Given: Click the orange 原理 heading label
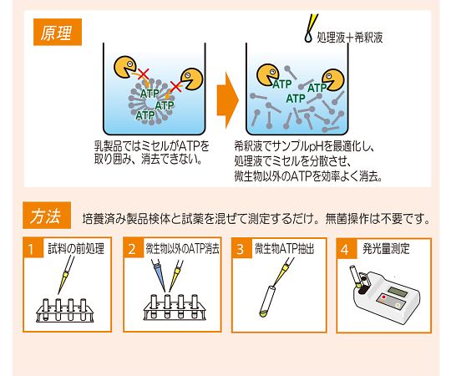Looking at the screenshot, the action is click(58, 32).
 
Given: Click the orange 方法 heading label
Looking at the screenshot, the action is click(47, 216).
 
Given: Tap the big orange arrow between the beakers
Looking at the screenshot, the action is click(227, 100).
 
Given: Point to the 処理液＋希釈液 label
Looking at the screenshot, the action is click(350, 38).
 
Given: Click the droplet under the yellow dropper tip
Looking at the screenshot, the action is click(308, 37).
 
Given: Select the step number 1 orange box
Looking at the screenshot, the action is click(33, 248).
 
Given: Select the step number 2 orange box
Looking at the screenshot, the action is click(133, 248).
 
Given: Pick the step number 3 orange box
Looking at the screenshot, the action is click(241, 248).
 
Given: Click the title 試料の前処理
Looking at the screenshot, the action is click(76, 248).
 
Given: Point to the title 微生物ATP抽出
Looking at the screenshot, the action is click(285, 248).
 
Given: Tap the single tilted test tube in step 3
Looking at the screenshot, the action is click(267, 301).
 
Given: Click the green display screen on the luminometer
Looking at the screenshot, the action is click(398, 292).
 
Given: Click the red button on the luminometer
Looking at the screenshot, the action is click(383, 297).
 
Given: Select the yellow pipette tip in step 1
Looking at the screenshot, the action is click(63, 282).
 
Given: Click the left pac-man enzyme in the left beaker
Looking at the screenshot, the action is click(124, 67).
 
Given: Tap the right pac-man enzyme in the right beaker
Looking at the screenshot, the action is click(333, 79).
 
